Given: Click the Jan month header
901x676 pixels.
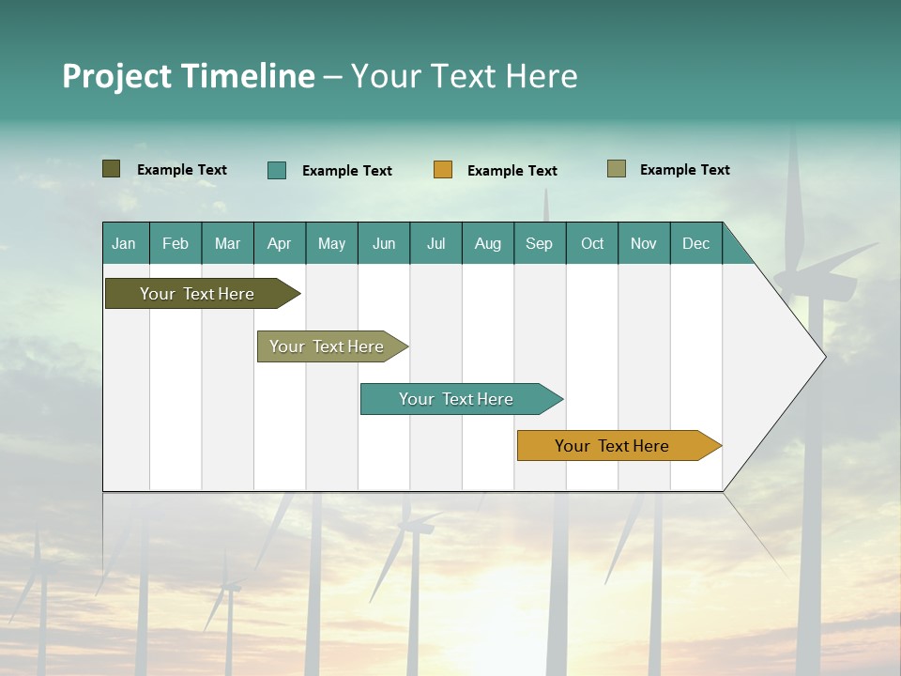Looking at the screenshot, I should coord(125,243).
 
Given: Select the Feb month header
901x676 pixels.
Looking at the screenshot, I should coord(176,243).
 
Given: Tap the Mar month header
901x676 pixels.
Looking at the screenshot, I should coord(227,243).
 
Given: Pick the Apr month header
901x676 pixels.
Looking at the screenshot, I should coord(280,243).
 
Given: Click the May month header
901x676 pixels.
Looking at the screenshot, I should coord(331,243).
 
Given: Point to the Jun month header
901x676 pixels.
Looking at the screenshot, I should coord(384,243).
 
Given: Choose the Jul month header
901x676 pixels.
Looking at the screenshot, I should coord(435,243).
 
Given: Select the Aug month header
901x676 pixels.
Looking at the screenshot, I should coord(488,243).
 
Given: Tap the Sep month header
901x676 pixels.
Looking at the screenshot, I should coord(540,243).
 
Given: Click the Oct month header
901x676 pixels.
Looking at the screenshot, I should coord(592,243).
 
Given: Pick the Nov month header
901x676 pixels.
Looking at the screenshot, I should coord(644,243).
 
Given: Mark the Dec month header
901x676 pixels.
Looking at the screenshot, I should coord(696,243).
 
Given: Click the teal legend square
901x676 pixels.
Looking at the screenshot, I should coord(277,170).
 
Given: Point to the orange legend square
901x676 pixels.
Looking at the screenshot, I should coord(443,170).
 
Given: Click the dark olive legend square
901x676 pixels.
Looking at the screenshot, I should coord(112,169).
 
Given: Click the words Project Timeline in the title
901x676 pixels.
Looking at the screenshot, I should coord(189,76).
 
